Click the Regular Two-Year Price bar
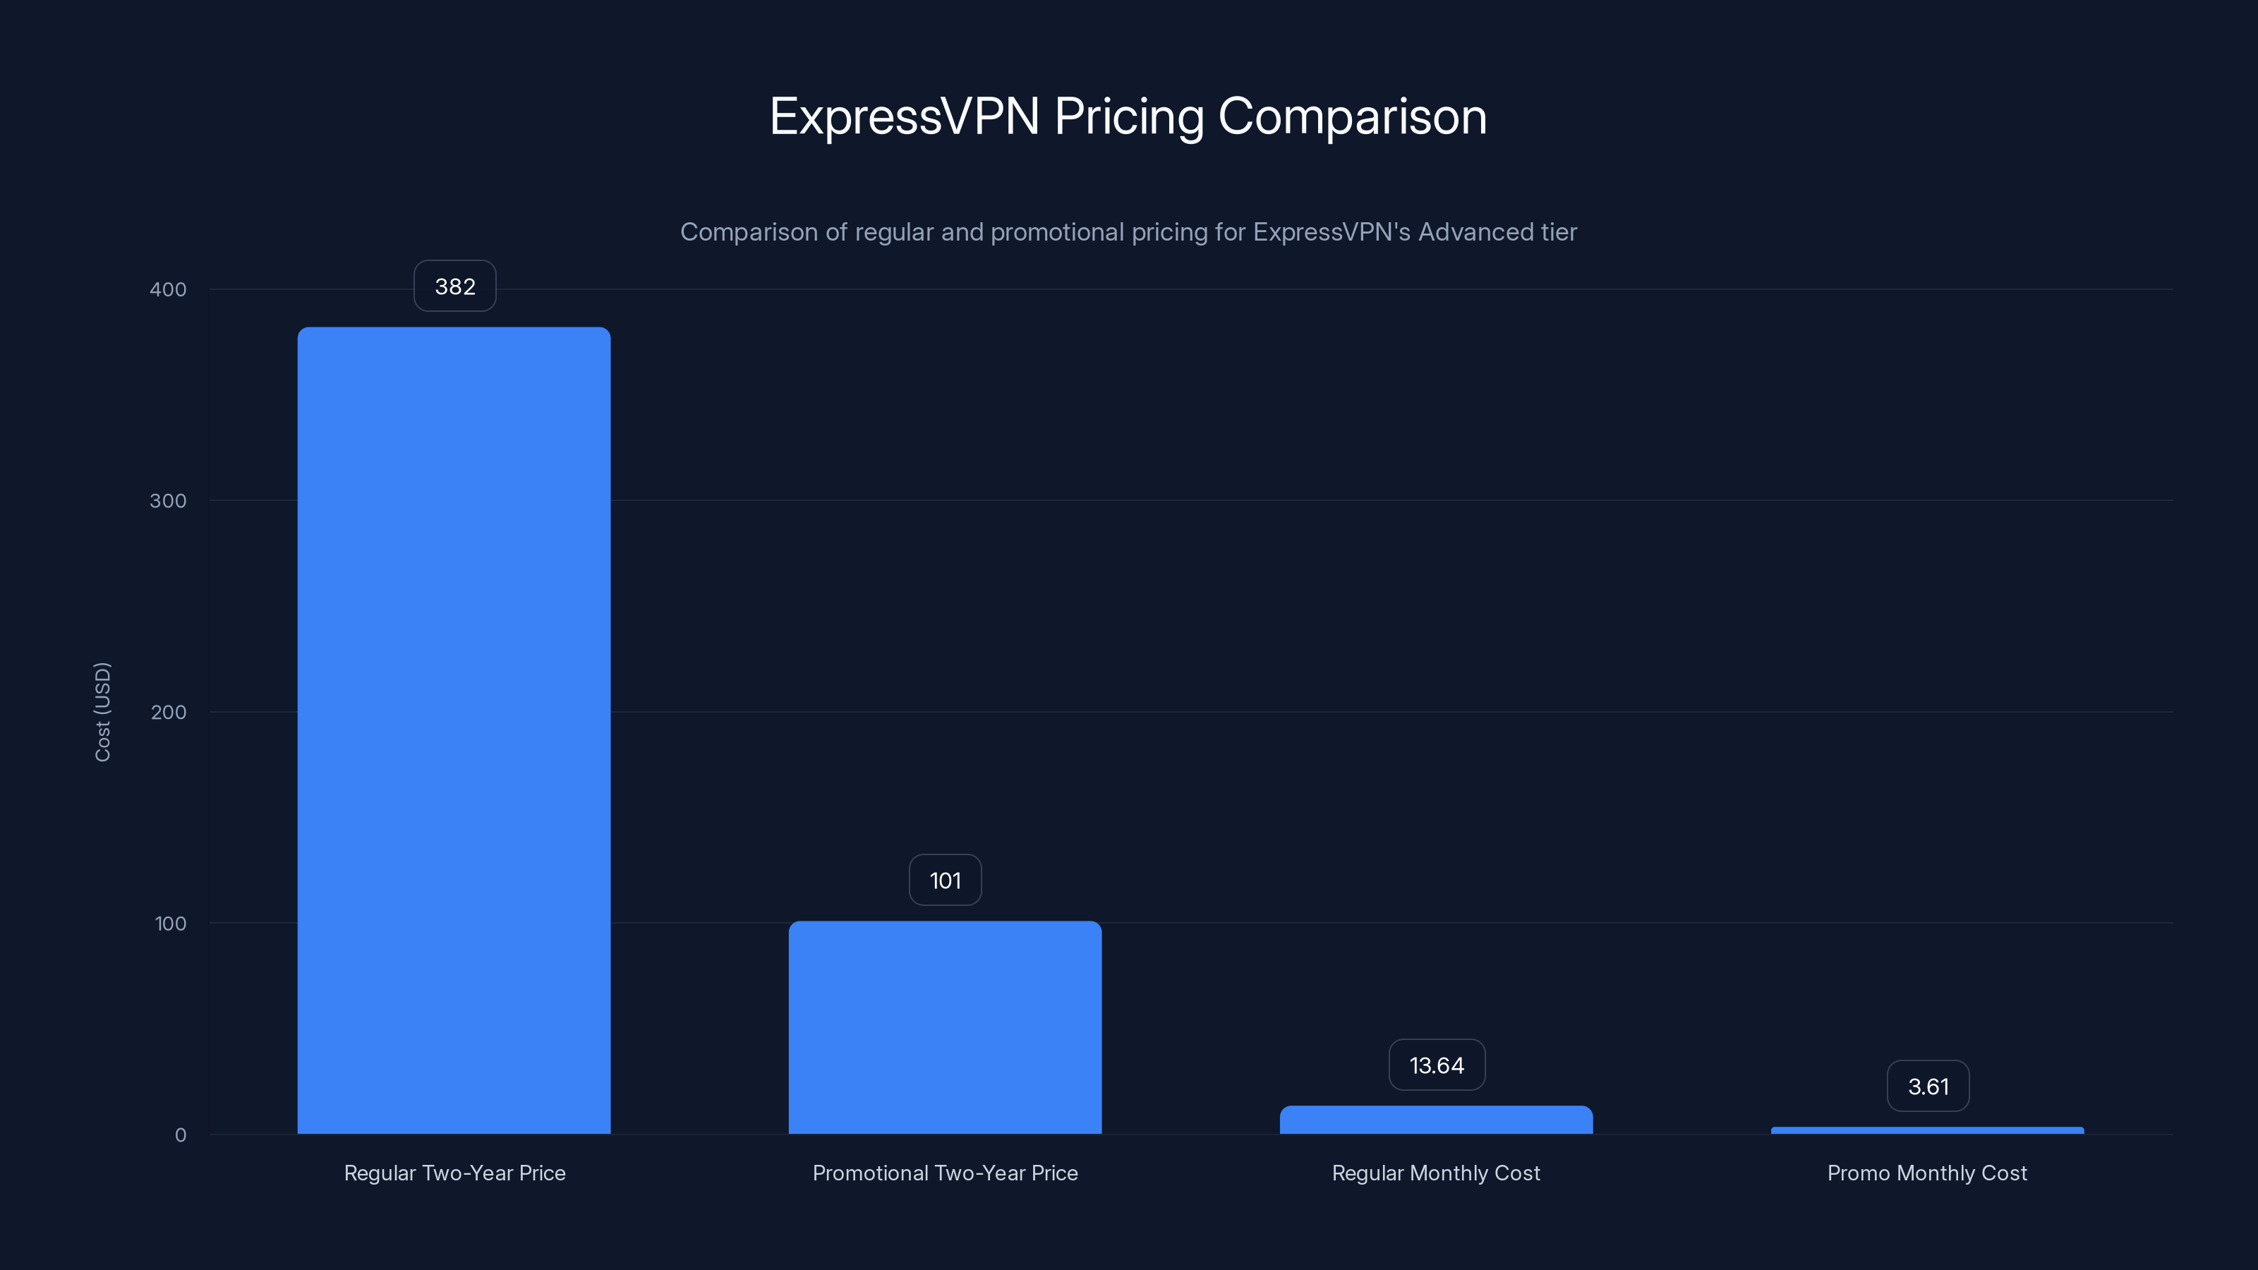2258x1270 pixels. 454,730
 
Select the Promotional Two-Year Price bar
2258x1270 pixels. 945,1027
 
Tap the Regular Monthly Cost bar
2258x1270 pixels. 1436,1120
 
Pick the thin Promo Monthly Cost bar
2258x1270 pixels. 1926,1130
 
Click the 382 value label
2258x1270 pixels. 455,286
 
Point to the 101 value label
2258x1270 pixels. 945,881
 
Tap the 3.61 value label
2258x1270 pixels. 1928,1087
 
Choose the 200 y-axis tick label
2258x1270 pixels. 169,713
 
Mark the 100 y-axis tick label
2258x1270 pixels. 170,924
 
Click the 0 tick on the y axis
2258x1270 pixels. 181,1135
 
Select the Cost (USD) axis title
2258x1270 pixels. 102,712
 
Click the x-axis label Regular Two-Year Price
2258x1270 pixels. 454,1173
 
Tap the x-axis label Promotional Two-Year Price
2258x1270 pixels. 945,1173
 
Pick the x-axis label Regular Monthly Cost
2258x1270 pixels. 1436,1173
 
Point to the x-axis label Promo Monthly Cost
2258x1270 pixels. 1926,1173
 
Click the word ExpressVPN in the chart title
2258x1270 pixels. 904,116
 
